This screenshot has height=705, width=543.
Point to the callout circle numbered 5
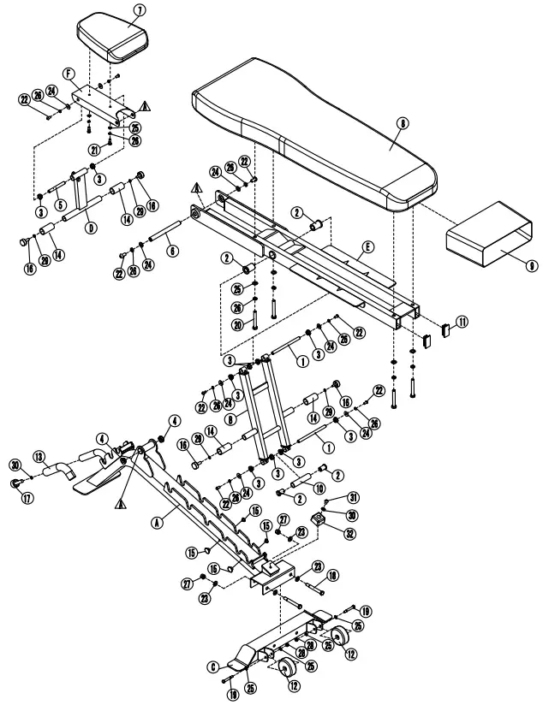pyautogui.click(x=60, y=204)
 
